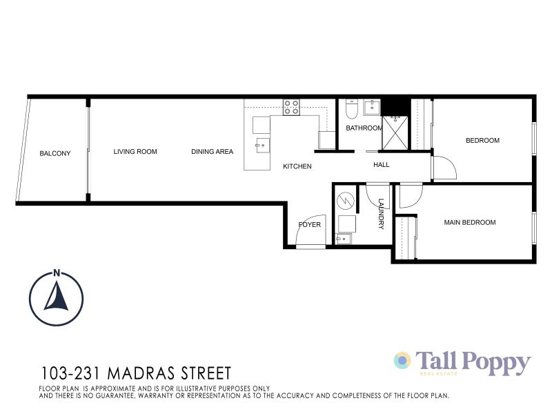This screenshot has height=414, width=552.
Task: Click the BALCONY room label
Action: [55, 153]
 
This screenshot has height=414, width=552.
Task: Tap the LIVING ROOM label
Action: [135, 152]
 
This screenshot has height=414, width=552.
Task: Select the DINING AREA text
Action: [212, 152]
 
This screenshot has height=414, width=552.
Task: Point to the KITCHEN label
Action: [297, 166]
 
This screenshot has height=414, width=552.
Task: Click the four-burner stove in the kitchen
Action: [291, 107]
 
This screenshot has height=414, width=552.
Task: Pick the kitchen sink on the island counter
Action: [262, 144]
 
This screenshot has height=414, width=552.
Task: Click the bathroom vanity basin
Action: [372, 107]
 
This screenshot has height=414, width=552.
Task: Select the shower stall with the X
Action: [396, 133]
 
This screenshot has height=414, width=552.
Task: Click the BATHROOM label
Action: [364, 128]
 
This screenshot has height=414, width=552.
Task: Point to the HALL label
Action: [381, 165]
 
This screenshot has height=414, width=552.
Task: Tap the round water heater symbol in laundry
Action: [344, 201]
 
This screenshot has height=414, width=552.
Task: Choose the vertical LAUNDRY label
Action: [380, 214]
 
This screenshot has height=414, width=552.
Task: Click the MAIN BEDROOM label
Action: [469, 222]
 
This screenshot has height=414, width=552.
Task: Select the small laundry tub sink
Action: [342, 239]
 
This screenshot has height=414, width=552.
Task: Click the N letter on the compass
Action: [57, 272]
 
